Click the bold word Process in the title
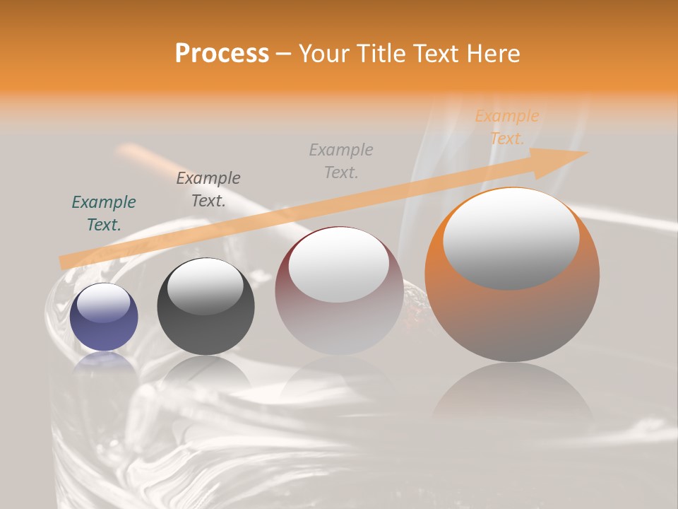tap(222, 54)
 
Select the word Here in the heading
tap(492, 54)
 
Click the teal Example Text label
tap(104, 213)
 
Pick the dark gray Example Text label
tap(208, 189)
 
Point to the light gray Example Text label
tap(341, 160)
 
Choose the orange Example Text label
tap(507, 127)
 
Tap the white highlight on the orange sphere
tap(511, 239)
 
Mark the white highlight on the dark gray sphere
tap(206, 286)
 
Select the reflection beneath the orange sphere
tap(512, 396)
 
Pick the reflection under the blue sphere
tap(104, 362)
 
